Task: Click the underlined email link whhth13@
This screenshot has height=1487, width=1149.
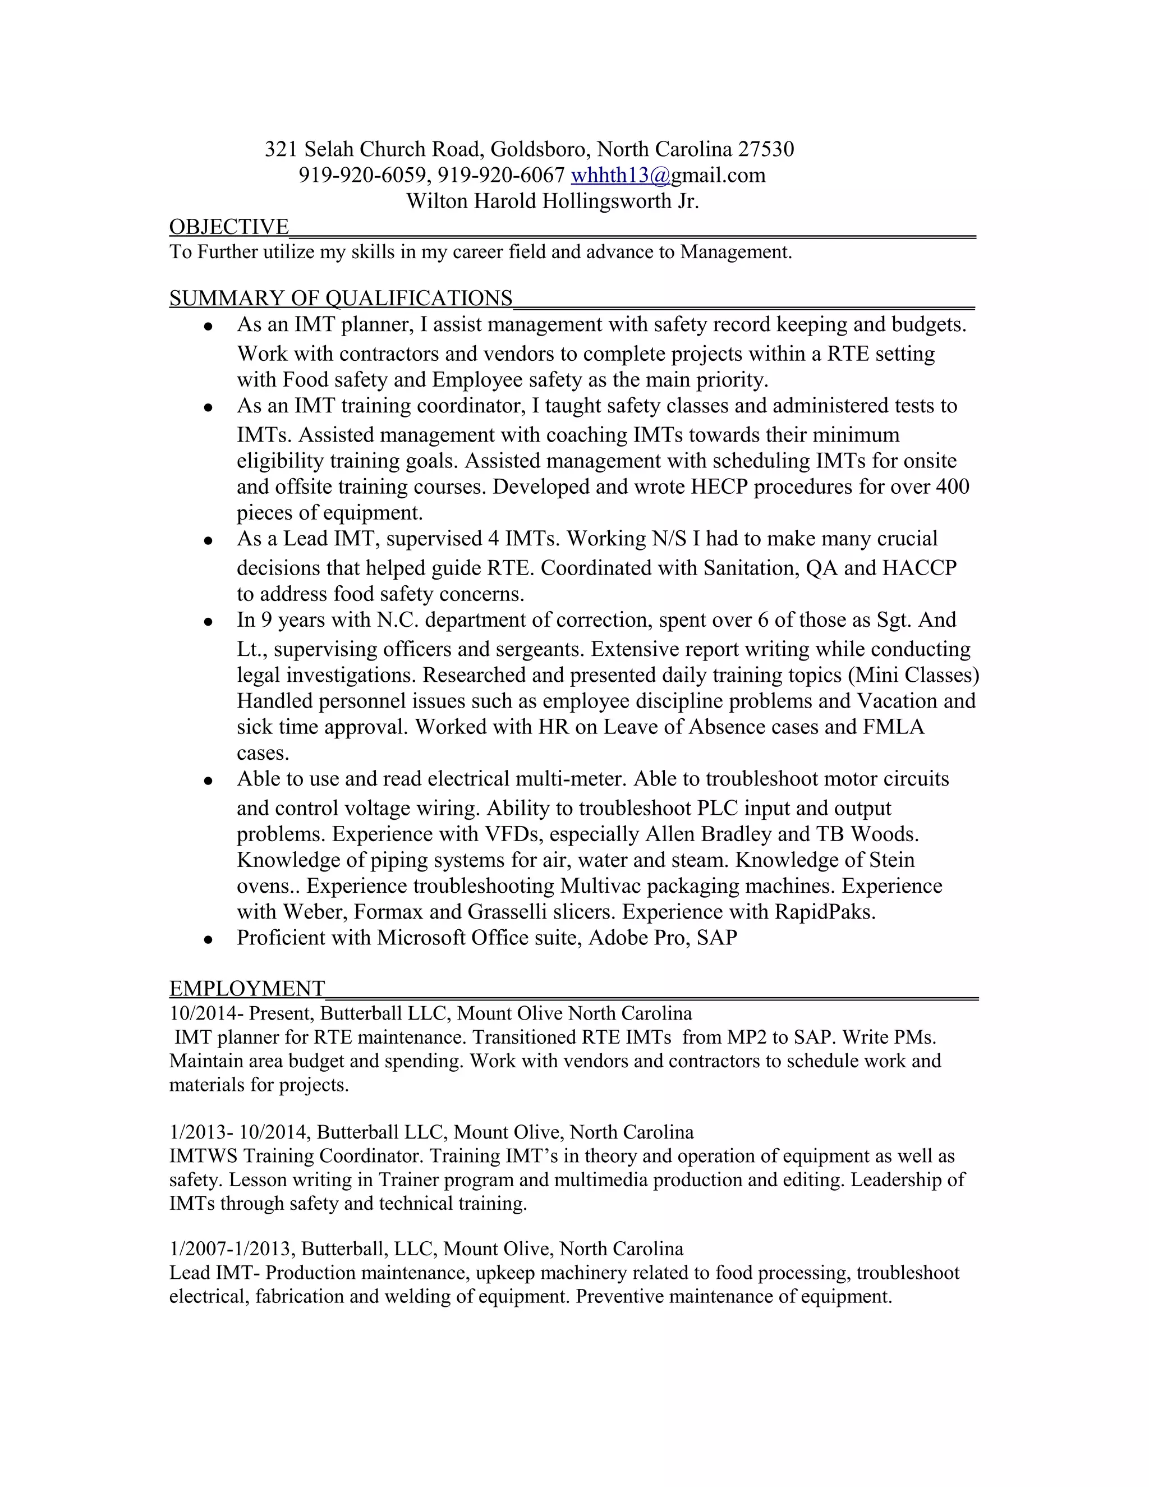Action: click(620, 176)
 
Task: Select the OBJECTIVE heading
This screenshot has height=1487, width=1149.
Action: click(229, 227)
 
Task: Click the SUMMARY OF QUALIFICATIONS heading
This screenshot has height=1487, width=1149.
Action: click(341, 298)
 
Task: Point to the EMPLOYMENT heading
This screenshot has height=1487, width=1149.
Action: click(246, 988)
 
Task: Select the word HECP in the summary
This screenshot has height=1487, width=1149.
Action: click(719, 487)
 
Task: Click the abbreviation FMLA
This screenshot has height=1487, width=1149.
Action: click(894, 727)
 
